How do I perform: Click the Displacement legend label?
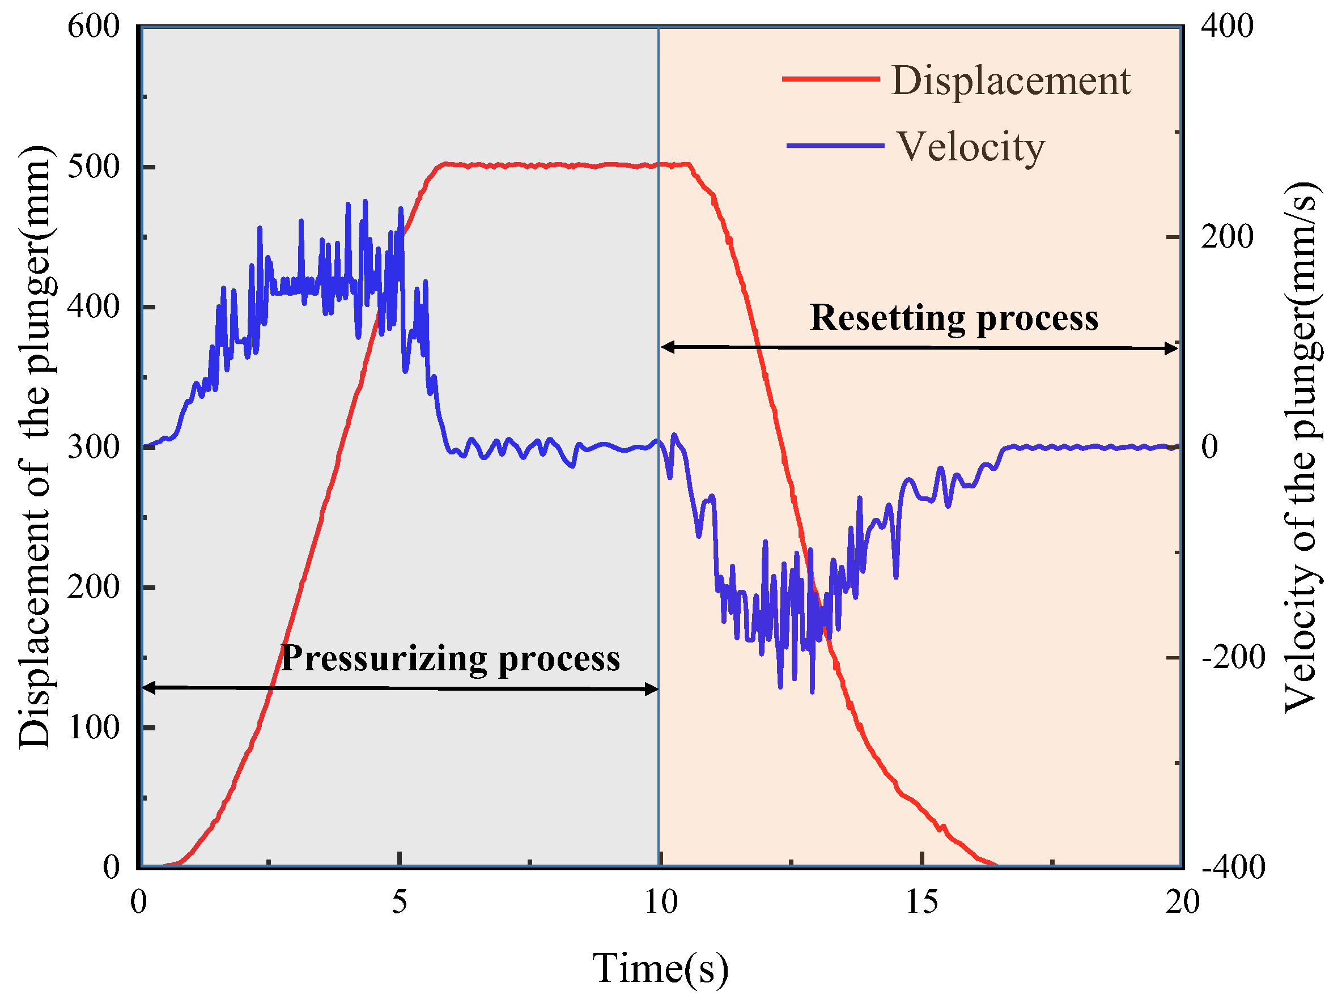coord(1010,80)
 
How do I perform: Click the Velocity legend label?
coord(971,147)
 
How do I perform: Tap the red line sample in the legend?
coord(831,79)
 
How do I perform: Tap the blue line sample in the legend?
coord(835,146)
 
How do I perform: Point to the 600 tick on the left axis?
coord(94,27)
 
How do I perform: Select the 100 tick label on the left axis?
coord(94,727)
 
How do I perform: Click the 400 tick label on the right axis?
coord(1227,27)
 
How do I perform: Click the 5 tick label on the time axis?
coord(399,901)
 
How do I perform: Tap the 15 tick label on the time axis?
coord(921,901)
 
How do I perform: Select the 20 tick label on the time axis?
coord(1182,901)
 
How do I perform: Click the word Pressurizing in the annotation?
coord(384,658)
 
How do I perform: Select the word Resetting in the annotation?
coord(887,318)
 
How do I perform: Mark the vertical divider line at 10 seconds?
coord(659,243)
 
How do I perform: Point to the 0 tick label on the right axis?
coord(1209,447)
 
